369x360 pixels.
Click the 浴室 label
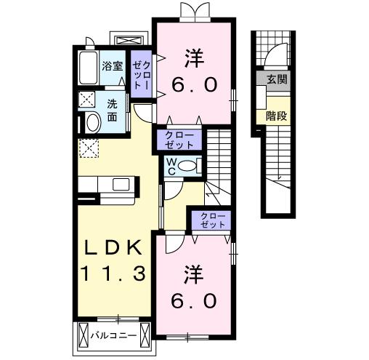(x=112, y=65)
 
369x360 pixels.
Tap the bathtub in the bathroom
(x=87, y=69)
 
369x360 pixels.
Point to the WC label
(x=172, y=166)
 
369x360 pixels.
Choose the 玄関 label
(x=276, y=79)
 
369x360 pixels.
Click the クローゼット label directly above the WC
(x=174, y=138)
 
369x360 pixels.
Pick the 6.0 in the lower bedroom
(x=193, y=300)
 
